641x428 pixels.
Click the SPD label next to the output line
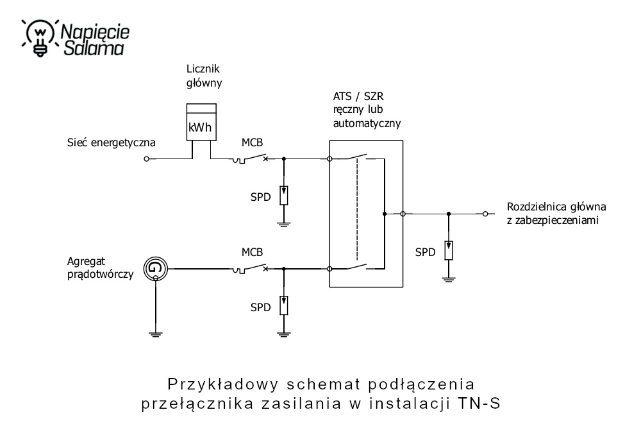point(425,252)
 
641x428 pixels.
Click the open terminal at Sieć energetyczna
point(147,158)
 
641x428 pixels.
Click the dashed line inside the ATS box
point(356,212)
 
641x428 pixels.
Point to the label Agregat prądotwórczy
point(99,268)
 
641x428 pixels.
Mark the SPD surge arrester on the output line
point(449,249)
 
